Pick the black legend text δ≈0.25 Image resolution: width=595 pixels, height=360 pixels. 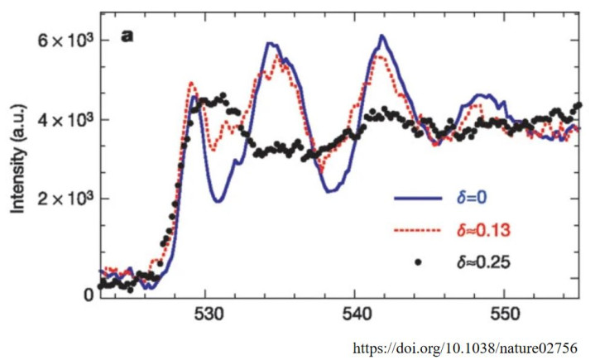pos(483,262)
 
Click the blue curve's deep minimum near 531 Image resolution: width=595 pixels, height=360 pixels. pos(217,200)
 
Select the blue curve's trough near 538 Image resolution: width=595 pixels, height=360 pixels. pos(329,191)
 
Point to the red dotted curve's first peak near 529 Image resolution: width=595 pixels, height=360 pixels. pos(191,83)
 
